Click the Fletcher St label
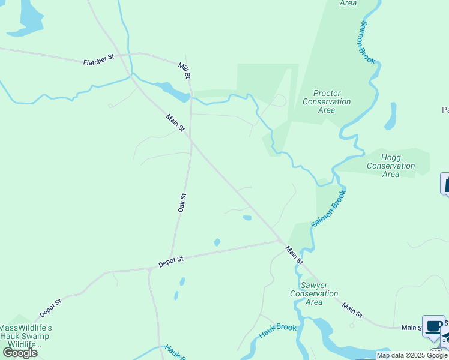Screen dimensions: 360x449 (99, 59)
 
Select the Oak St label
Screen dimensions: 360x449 (182, 203)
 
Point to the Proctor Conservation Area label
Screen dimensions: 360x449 (327, 101)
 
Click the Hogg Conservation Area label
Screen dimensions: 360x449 (390, 166)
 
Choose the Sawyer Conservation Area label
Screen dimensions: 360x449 (314, 293)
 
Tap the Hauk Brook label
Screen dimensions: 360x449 (277, 331)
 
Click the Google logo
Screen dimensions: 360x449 (20, 352)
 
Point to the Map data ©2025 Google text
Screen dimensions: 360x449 (412, 355)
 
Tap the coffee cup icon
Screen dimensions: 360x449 (433, 326)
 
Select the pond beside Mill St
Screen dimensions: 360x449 (174, 92)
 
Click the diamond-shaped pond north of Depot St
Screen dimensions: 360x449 (217, 242)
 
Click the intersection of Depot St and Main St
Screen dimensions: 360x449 (282, 241)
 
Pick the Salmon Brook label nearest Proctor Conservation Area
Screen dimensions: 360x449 (367, 43)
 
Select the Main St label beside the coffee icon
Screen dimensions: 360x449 (412, 328)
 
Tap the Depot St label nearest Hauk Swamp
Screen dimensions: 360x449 (51, 308)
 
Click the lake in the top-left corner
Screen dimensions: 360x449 (27, 15)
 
